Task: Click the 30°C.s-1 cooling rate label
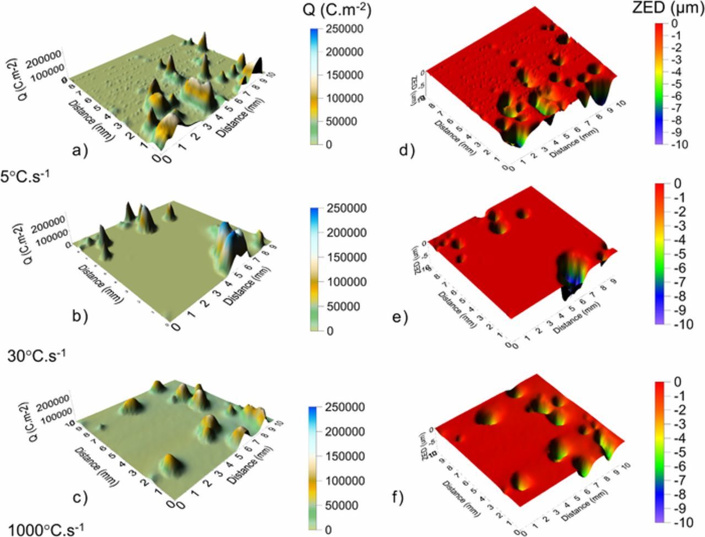click(37, 356)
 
